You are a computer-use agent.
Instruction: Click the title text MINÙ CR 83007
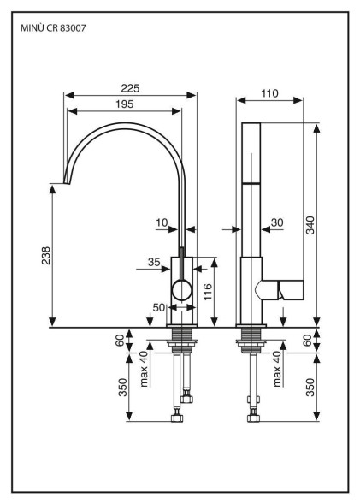click(53, 28)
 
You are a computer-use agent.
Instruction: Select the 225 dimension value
click(130, 88)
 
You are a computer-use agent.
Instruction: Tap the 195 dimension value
click(124, 104)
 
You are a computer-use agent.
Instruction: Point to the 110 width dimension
click(269, 93)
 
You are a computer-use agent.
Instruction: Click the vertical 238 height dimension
click(46, 256)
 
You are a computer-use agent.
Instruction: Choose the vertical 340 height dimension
click(310, 225)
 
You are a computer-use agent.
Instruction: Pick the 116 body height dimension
click(208, 292)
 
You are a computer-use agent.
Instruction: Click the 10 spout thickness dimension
click(162, 222)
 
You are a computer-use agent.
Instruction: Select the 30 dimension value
click(277, 222)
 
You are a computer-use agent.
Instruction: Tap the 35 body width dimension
click(154, 263)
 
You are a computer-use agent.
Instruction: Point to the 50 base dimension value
click(159, 307)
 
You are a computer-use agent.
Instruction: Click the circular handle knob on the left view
click(182, 290)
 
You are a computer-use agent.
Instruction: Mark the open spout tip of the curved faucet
click(67, 183)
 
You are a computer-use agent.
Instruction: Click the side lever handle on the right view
click(282, 290)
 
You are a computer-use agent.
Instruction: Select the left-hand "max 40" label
click(145, 368)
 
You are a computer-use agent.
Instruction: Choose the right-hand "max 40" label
click(277, 368)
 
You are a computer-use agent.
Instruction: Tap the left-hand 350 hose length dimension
click(123, 388)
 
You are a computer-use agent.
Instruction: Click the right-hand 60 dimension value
click(307, 341)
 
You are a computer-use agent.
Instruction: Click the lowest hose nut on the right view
click(253, 418)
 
